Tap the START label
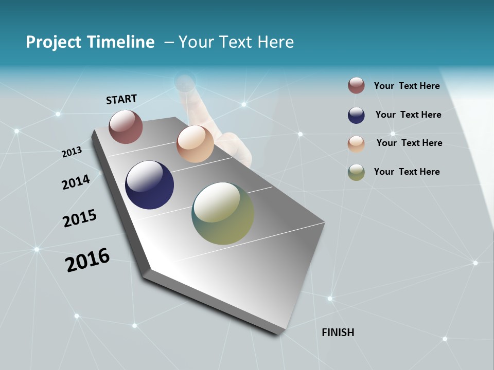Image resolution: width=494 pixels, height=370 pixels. pyautogui.click(x=121, y=99)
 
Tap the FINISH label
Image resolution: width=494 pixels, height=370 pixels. pyautogui.click(x=338, y=332)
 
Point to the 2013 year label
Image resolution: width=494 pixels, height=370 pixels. pyautogui.click(x=72, y=152)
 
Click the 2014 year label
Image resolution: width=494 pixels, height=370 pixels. pyautogui.click(x=76, y=182)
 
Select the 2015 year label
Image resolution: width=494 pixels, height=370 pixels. pyautogui.click(x=80, y=218)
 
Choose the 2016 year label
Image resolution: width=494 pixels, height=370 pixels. pyautogui.click(x=87, y=260)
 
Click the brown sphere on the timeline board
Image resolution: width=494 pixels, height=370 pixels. pyautogui.click(x=126, y=126)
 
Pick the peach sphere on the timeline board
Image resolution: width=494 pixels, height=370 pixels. pyautogui.click(x=195, y=144)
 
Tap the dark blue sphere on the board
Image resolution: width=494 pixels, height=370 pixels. pyautogui.click(x=149, y=185)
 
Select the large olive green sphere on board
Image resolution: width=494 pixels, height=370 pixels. pyautogui.click(x=223, y=213)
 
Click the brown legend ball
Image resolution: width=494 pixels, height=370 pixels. pyautogui.click(x=356, y=86)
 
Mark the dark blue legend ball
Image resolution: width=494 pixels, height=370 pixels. pyautogui.click(x=356, y=115)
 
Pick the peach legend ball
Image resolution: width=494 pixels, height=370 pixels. pyautogui.click(x=356, y=144)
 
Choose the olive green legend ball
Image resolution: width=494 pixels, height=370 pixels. pyautogui.click(x=356, y=172)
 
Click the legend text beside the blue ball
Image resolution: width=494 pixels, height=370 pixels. pyautogui.click(x=408, y=115)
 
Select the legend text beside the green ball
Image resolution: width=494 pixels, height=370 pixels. pyautogui.click(x=407, y=172)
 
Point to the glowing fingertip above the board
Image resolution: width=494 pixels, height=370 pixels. pyautogui.click(x=185, y=82)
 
